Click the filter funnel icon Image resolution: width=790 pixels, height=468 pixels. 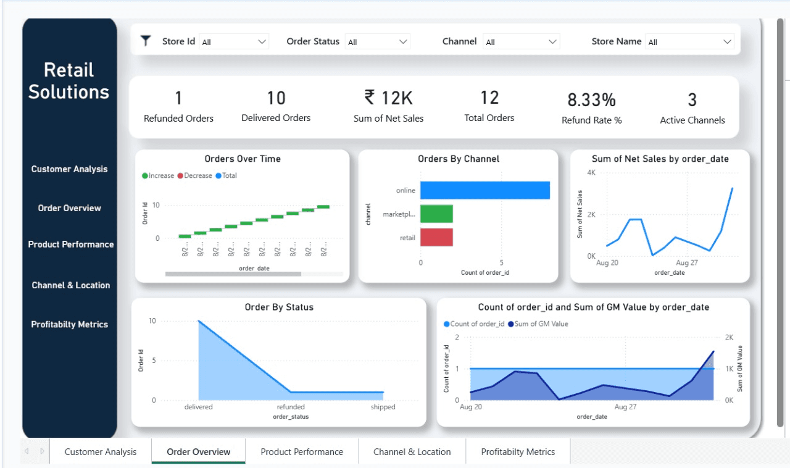coord(146,41)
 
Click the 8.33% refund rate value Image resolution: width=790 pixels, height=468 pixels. coord(591,100)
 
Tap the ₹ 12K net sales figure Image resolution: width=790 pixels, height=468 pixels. coord(388,98)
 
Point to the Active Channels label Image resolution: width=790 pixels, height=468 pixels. coord(692,120)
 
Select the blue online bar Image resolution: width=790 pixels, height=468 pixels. coord(484,190)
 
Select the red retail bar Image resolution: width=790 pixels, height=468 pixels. coord(436,237)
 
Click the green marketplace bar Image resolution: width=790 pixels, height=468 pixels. coord(436,214)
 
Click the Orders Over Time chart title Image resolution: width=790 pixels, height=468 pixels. coord(242,159)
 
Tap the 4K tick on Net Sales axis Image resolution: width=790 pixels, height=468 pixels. coord(590,173)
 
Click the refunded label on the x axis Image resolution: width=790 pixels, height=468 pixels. coord(290,407)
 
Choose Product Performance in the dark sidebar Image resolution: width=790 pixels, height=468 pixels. coord(70,244)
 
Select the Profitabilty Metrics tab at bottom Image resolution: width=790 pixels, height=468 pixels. coord(518,452)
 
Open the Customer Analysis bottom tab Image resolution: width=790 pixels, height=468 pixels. coord(101,452)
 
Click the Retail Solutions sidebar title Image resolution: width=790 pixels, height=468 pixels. coord(69,81)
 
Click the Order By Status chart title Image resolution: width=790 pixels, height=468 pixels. coord(278,307)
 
